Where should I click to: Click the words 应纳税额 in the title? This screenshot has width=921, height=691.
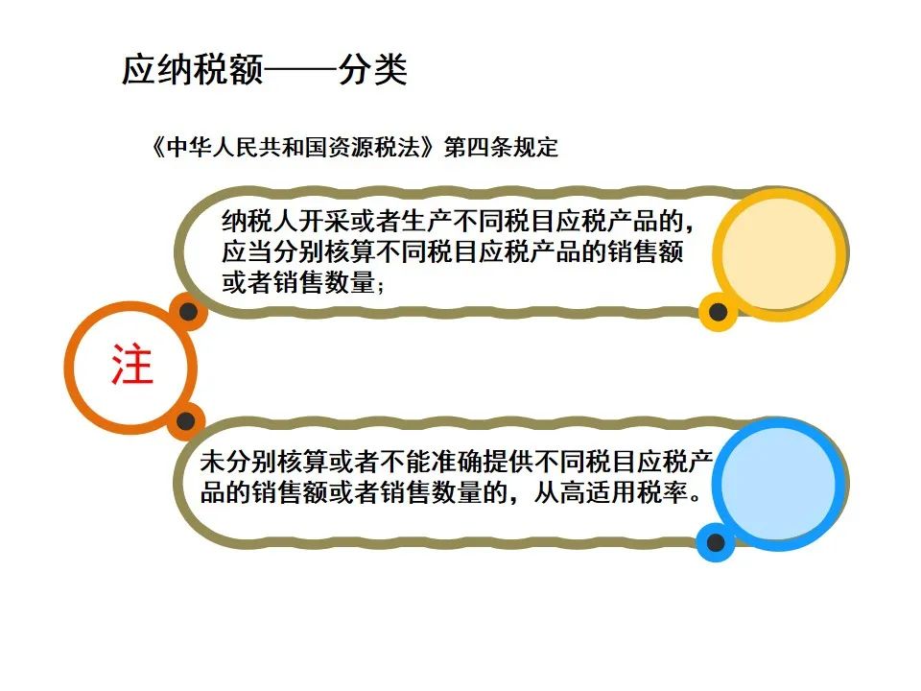pyautogui.click(x=193, y=70)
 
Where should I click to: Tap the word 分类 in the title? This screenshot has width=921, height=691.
pyautogui.click(x=373, y=70)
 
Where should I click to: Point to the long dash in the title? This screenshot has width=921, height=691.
pyautogui.click(x=300, y=71)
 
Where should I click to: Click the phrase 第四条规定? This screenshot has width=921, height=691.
pyautogui.click(x=501, y=147)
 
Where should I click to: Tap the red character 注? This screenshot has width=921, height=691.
pyautogui.click(x=132, y=366)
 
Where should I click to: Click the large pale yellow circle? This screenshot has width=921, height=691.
pyautogui.click(x=779, y=253)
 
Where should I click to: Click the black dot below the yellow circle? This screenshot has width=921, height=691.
pyautogui.click(x=718, y=311)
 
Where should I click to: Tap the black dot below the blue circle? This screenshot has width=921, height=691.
pyautogui.click(x=716, y=541)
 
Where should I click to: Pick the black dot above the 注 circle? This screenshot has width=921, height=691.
pyautogui.click(x=188, y=311)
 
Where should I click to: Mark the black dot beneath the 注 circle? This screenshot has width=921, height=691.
pyautogui.click(x=185, y=420)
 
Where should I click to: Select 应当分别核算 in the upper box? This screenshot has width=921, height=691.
pyautogui.click(x=298, y=252)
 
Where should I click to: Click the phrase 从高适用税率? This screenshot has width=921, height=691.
pyautogui.click(x=611, y=492)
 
